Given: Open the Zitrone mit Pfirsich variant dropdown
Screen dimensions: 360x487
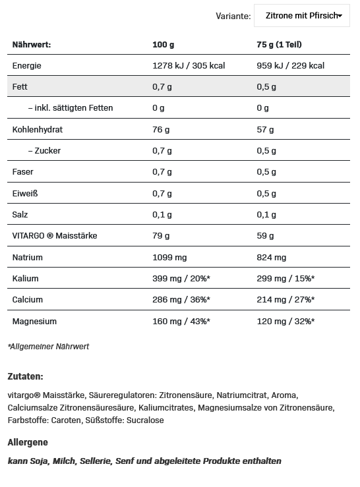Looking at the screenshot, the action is [x=301, y=15].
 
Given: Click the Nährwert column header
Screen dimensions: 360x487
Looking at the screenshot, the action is [x=32, y=44].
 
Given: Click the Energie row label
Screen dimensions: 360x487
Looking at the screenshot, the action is [x=27, y=66].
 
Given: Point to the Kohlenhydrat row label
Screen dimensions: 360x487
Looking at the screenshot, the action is [x=38, y=129].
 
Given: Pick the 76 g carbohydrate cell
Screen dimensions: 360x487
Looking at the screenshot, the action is [x=162, y=129].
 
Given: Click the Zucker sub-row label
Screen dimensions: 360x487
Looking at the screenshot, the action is [x=46, y=150].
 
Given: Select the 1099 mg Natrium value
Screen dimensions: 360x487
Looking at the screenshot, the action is [x=171, y=257].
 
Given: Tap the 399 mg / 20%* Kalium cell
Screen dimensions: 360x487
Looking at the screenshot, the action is [x=181, y=278].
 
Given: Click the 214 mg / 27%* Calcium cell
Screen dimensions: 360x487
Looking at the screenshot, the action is [x=285, y=300].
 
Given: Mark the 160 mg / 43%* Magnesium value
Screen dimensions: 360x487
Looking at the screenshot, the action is [x=181, y=321].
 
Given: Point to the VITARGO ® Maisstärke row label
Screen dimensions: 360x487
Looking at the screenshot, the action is [x=54, y=236].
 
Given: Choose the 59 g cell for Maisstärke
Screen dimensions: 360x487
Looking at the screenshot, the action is [x=265, y=236].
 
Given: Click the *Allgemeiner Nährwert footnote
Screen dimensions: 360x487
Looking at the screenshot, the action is [x=48, y=346].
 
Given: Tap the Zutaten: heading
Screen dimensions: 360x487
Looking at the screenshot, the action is [x=25, y=377].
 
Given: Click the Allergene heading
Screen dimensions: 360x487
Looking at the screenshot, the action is [x=28, y=442].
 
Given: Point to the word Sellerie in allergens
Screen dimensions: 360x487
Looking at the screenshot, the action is [x=96, y=461].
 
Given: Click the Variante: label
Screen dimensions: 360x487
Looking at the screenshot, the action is [x=233, y=15].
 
